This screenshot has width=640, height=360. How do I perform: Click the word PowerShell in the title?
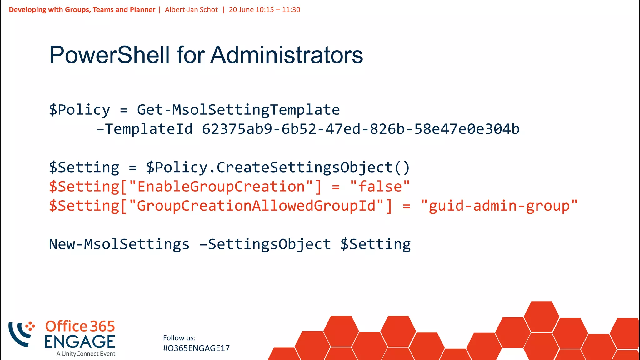(x=109, y=55)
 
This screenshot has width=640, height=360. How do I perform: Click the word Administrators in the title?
(x=287, y=55)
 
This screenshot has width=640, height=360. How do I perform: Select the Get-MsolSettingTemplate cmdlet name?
(x=238, y=110)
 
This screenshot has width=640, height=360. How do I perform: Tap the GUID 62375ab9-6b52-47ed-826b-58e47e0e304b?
(x=361, y=129)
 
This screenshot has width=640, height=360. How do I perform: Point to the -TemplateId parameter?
(x=144, y=129)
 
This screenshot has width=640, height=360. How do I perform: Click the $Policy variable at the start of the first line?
(x=80, y=110)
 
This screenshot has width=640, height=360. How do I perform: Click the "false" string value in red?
(x=380, y=187)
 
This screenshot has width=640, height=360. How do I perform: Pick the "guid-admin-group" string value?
(x=499, y=206)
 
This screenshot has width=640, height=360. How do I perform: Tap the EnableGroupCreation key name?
(x=221, y=187)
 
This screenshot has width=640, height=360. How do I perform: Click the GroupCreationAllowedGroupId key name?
(x=256, y=206)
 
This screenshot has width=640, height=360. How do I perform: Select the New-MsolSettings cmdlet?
(x=119, y=244)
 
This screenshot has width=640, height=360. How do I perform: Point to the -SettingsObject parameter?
(x=265, y=244)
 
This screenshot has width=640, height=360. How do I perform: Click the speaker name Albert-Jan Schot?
(x=191, y=10)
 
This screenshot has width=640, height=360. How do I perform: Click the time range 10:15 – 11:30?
(x=278, y=10)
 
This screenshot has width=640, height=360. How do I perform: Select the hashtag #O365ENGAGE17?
(x=196, y=348)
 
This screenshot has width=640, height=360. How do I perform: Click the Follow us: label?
(x=179, y=338)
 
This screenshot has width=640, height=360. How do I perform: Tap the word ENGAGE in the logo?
(x=80, y=342)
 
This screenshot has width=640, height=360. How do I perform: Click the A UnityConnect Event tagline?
(x=86, y=354)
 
